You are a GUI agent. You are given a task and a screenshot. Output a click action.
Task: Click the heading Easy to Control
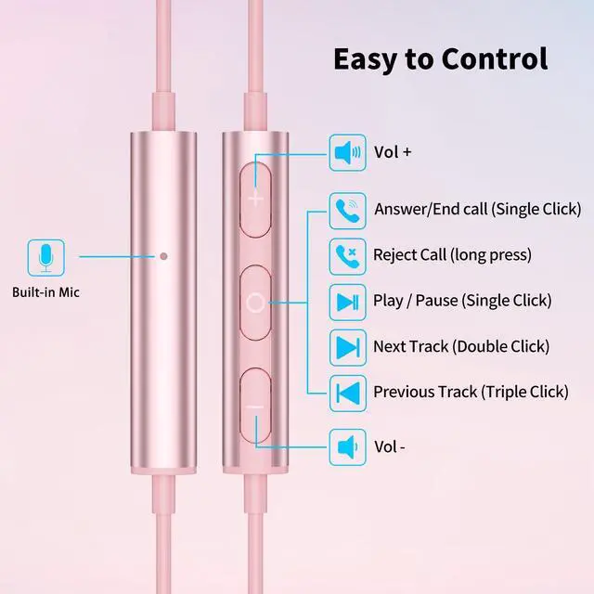440,58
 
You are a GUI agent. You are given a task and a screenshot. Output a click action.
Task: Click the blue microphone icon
45,255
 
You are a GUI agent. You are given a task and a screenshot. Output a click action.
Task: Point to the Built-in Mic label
45,292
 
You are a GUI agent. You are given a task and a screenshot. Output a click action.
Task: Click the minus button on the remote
257,406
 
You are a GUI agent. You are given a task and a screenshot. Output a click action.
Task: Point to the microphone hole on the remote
164,255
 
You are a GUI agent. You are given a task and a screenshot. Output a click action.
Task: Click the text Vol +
392,151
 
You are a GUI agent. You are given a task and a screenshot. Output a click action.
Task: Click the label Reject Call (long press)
452,254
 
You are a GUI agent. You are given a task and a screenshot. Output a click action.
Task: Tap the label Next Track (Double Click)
461,346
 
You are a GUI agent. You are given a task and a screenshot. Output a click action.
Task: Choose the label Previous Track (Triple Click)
471,392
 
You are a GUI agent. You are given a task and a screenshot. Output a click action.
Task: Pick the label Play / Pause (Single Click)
462,301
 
